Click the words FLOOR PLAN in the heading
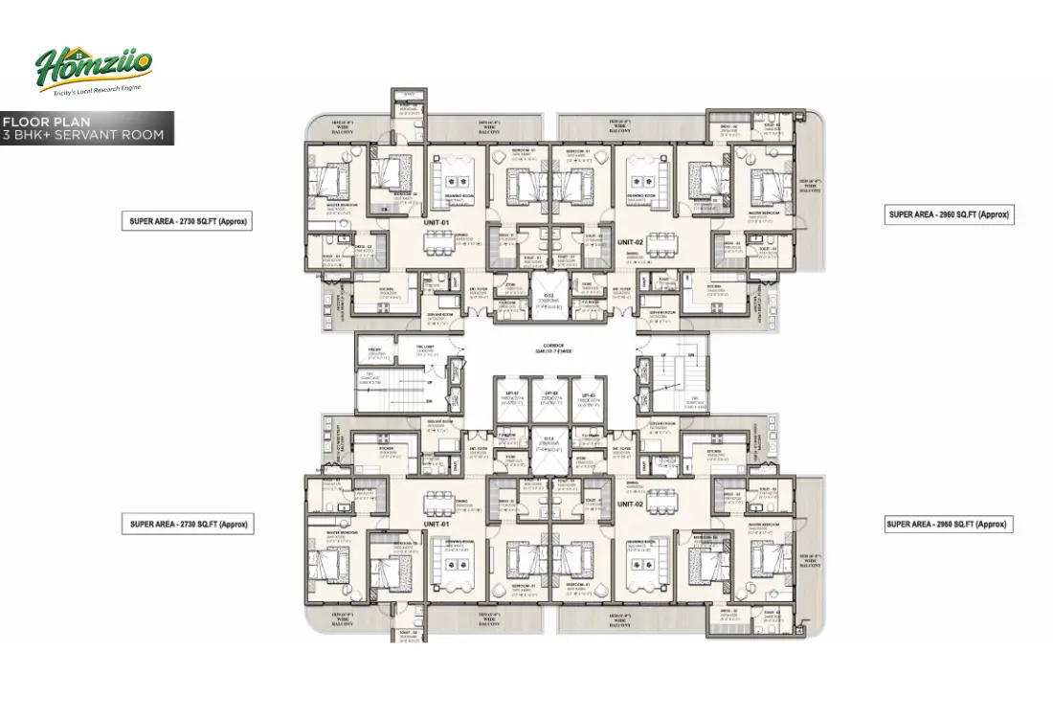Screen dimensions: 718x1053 click(x=46, y=122)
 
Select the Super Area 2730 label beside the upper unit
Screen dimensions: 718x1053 click(x=189, y=221)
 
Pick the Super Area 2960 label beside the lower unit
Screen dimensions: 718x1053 click(x=948, y=524)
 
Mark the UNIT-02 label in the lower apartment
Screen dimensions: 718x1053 click(x=629, y=503)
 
